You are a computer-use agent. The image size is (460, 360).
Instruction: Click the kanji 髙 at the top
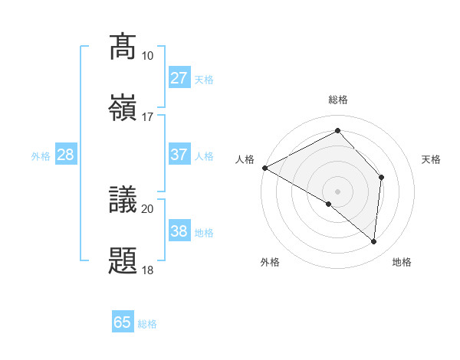(123, 46)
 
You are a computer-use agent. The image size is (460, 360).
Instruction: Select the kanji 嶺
(123, 106)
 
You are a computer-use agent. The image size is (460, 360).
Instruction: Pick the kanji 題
(123, 260)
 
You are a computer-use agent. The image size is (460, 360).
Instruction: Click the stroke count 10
(147, 56)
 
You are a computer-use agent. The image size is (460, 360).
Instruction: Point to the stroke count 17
(147, 117)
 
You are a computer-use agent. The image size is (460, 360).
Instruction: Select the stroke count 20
(147, 208)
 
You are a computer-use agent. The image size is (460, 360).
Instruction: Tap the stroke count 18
(147, 270)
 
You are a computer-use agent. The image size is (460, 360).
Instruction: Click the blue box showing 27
(179, 78)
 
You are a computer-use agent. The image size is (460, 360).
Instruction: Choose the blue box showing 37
(179, 155)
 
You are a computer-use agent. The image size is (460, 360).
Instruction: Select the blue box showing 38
(179, 231)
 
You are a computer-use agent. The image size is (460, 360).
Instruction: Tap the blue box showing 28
(66, 155)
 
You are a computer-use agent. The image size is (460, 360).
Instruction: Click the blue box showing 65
(123, 322)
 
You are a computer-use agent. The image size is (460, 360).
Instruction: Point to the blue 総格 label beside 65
(148, 324)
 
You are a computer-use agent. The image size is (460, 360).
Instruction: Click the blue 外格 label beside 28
(41, 156)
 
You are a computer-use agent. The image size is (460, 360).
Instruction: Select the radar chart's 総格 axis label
(338, 100)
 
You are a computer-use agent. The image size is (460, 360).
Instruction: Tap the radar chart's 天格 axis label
(432, 159)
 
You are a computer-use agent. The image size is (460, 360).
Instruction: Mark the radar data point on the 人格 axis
(264, 168)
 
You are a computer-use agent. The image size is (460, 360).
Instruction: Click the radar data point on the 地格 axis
(373, 241)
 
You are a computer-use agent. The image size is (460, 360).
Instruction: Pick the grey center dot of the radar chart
(337, 191)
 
